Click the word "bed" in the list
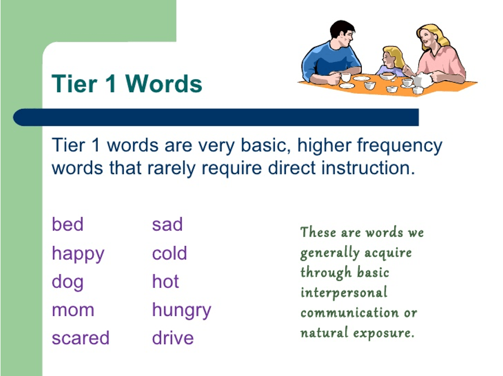pyautogui.click(x=68, y=224)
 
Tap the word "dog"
pyautogui.click(x=68, y=283)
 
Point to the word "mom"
pyautogui.click(x=73, y=310)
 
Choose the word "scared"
pyautogui.click(x=81, y=338)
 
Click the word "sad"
pyautogui.click(x=168, y=224)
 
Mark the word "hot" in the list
pyautogui.click(x=166, y=281)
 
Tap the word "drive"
pyautogui.click(x=173, y=338)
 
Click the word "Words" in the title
pyautogui.click(x=164, y=83)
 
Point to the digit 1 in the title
pyautogui.click(x=110, y=83)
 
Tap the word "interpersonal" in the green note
pyautogui.click(x=344, y=293)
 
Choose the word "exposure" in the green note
pyautogui.click(x=384, y=333)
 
